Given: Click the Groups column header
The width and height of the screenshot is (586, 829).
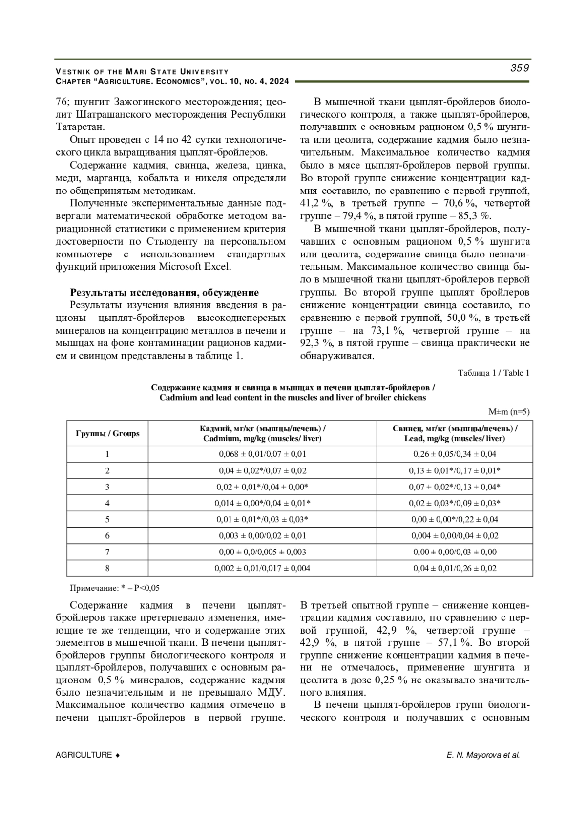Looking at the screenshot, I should click(107, 433).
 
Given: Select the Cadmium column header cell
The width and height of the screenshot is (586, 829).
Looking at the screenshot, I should click(262, 433).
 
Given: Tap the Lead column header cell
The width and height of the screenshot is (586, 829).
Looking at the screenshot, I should click(455, 433).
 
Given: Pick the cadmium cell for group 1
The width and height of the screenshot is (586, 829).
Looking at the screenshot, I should click(262, 454).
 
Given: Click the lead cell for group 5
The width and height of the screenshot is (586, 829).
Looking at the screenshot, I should click(455, 519).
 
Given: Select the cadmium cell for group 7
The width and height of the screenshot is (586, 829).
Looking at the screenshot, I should click(262, 552).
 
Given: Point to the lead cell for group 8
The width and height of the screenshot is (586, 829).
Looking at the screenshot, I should click(455, 568).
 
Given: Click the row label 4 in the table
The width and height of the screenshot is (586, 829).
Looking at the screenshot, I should click(107, 503).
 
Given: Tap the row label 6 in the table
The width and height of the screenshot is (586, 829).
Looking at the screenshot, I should click(107, 536).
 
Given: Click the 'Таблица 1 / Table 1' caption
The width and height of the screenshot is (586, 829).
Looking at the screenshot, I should click(494, 373).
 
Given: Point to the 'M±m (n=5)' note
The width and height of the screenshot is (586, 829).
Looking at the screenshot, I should click(509, 412).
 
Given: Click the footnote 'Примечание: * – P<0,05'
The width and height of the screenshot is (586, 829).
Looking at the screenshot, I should click(115, 588).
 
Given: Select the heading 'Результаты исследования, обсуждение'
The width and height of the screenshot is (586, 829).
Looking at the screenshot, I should click(164, 293).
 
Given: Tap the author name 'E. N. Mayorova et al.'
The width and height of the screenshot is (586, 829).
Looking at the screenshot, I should click(483, 755).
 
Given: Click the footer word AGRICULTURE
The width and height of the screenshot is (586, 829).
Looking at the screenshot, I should click(84, 755).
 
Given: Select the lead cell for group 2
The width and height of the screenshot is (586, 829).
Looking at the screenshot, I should click(455, 470).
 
